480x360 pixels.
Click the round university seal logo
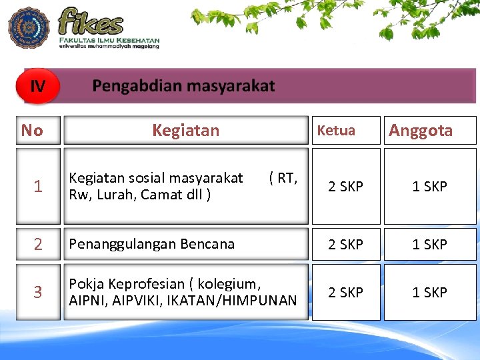coord(29,27)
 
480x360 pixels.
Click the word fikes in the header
coord(91,22)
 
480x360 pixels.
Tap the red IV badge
coord(38,86)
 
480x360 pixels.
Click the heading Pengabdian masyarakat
coord(183,86)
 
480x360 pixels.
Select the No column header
coord(32,130)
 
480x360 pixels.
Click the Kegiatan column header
coord(185,130)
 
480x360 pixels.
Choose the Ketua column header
coord(336,130)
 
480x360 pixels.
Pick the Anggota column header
coord(421,130)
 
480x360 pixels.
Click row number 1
coord(38,187)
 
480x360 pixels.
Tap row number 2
coord(38,245)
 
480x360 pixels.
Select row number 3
coord(38,292)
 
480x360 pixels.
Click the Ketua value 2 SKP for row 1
coord(345,187)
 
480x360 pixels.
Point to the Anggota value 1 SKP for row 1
coord(429,187)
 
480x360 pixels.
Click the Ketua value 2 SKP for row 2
coord(345,245)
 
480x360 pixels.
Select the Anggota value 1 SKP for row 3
coord(429,292)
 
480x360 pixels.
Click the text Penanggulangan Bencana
coord(152,244)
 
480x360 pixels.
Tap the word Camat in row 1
coord(167,195)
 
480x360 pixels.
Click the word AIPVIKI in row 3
coord(137,300)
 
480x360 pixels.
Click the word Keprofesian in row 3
coord(143,284)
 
